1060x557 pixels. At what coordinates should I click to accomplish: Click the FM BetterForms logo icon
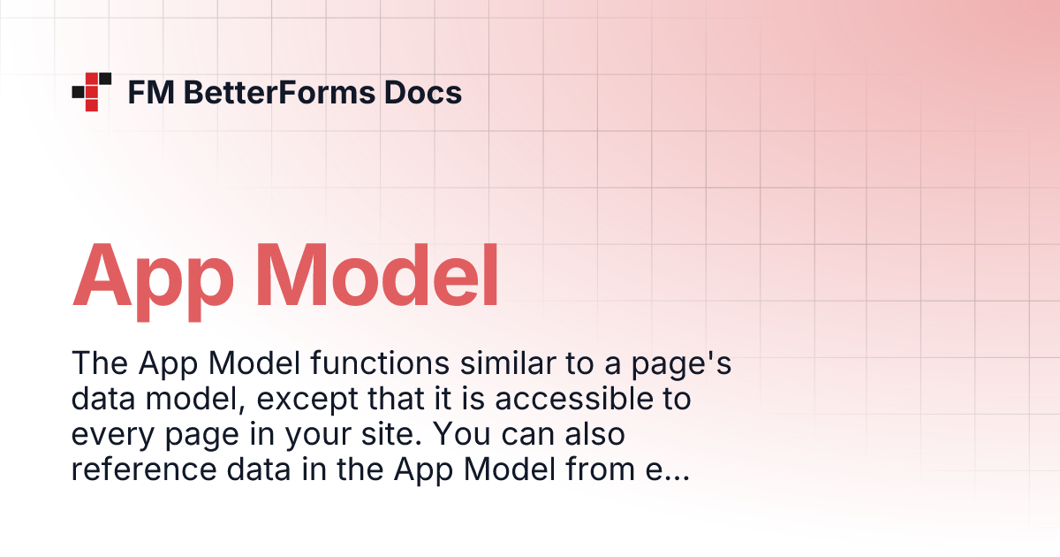(92, 91)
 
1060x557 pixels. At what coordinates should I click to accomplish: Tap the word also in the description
(597, 436)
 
